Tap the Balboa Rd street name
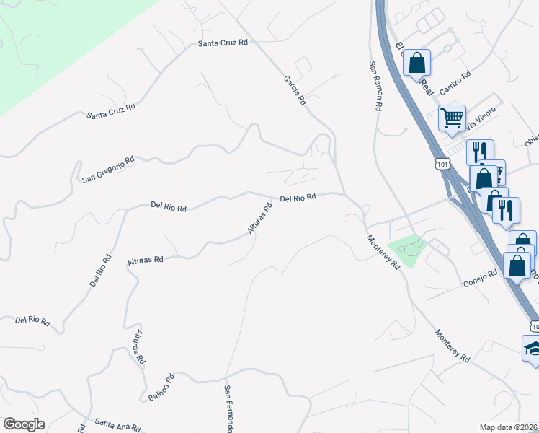click(x=161, y=388)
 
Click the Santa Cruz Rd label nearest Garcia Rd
click(x=223, y=43)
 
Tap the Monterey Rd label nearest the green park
click(x=383, y=253)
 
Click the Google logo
click(x=24, y=424)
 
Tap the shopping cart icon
click(x=452, y=117)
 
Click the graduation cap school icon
click(x=533, y=349)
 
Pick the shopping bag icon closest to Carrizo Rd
click(x=417, y=63)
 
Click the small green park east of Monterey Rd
click(x=408, y=250)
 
